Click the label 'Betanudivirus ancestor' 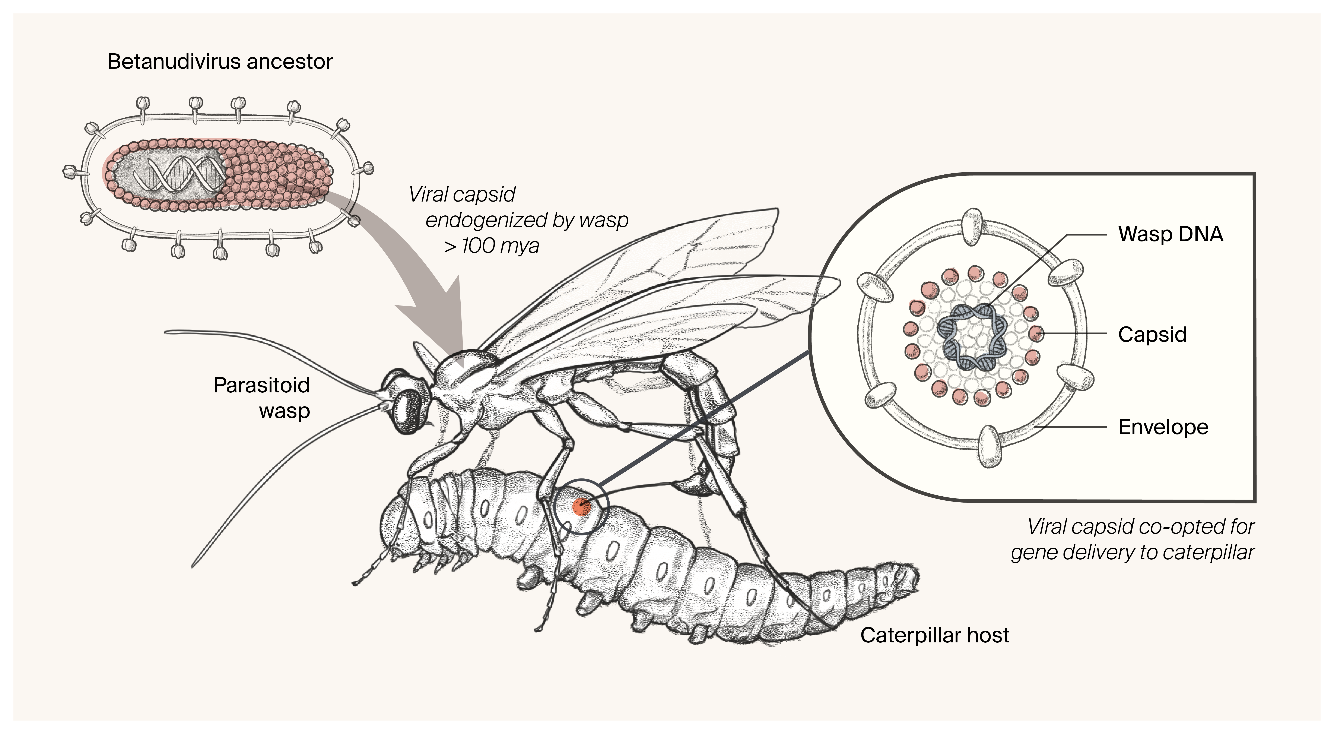point(220,62)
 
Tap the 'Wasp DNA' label point(1170,234)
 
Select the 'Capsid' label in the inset point(1152,335)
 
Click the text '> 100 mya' point(491,246)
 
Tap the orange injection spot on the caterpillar point(581,507)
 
